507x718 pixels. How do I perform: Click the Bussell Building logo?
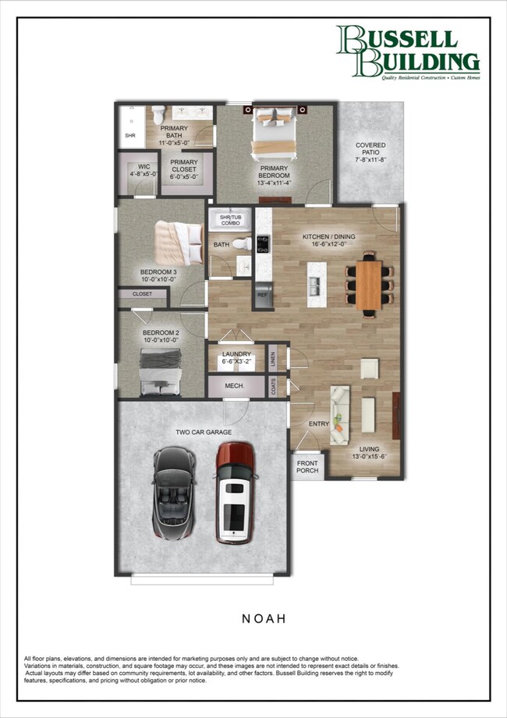coord(407,52)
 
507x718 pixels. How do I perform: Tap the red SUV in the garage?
coord(235,492)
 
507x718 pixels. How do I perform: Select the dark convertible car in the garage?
coord(175,495)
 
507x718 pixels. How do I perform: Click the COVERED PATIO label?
coord(370,151)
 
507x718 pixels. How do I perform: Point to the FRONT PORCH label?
coord(307,467)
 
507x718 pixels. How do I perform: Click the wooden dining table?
coord(369,284)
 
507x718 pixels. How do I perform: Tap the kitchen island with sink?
coord(316,279)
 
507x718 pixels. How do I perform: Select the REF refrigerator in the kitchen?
coord(262,296)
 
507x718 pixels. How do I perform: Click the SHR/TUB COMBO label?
coord(230,220)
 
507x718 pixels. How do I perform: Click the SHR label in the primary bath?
coord(129,135)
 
